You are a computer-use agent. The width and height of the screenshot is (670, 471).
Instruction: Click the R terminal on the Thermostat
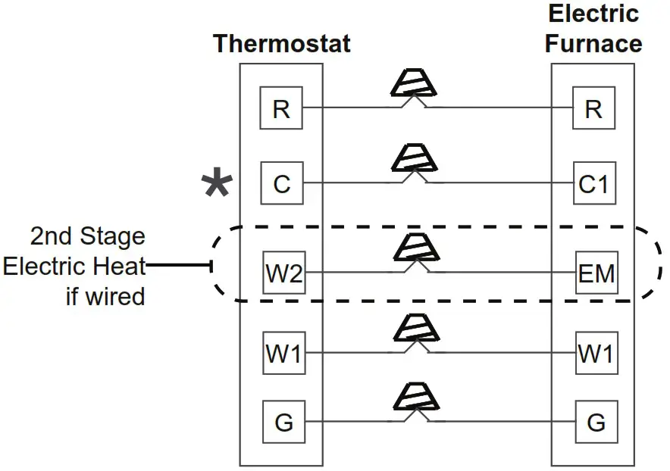(x=281, y=108)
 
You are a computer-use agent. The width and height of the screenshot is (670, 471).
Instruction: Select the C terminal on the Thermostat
(x=281, y=183)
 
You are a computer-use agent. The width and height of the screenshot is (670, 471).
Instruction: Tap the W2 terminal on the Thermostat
(x=283, y=272)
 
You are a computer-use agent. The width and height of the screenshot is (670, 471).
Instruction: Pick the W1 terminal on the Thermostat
(x=283, y=353)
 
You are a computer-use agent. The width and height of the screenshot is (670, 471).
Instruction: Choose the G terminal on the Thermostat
(x=283, y=422)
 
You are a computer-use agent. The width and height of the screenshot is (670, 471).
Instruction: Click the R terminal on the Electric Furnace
(x=593, y=108)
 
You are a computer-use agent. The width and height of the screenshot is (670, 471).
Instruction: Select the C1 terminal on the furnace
(x=593, y=183)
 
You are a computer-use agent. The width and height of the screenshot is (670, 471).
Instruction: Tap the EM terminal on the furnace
(x=596, y=272)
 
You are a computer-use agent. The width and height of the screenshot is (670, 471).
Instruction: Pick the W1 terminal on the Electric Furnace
(x=596, y=353)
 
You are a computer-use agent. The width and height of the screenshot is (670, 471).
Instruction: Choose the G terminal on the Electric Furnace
(x=596, y=422)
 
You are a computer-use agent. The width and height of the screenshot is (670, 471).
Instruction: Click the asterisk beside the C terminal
(x=218, y=185)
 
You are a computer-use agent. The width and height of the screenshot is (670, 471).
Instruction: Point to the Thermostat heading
(x=282, y=43)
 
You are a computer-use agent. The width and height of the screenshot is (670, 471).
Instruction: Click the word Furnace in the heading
(x=593, y=43)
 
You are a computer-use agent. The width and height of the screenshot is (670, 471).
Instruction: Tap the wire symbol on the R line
(x=414, y=85)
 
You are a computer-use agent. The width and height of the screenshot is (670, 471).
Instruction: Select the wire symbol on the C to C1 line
(x=414, y=160)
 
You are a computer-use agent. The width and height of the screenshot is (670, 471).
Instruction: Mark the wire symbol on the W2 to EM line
(x=414, y=249)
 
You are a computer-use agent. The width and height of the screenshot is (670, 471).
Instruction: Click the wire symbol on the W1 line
(x=414, y=330)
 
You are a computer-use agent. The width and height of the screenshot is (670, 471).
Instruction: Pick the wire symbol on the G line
(x=414, y=399)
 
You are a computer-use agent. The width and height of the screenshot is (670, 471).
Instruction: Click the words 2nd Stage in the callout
(x=87, y=236)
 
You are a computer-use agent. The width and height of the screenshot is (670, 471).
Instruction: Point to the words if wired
(x=105, y=295)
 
